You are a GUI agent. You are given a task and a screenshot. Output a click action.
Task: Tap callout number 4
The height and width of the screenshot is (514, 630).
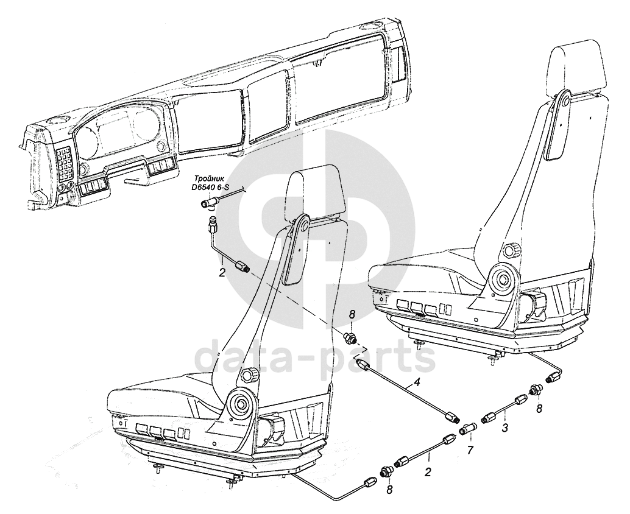(417, 382)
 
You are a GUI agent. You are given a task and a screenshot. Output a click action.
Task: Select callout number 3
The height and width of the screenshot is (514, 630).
(504, 428)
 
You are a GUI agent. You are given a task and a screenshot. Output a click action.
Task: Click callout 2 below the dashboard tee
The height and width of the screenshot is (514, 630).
(222, 272)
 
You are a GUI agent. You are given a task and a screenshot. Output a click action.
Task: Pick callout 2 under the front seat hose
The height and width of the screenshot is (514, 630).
(428, 471)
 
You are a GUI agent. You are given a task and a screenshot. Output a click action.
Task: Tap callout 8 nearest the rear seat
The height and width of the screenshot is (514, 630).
(539, 408)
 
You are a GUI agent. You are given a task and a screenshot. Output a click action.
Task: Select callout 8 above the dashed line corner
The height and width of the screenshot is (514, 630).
(351, 315)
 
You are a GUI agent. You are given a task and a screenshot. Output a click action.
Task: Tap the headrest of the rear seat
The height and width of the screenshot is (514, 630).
(578, 68)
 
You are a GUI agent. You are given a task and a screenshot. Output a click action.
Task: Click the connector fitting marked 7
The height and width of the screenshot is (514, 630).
(467, 429)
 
